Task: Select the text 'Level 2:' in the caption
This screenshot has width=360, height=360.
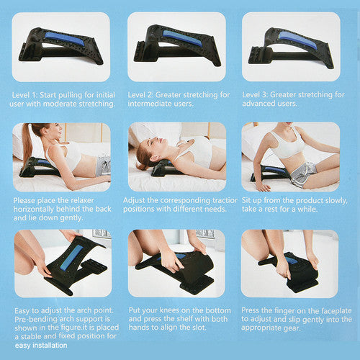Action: pos(143,94)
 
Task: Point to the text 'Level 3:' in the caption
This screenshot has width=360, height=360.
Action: pos(258,94)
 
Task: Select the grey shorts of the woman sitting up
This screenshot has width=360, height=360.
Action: pos(300,173)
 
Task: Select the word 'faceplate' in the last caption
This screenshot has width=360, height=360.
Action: pos(332,309)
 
